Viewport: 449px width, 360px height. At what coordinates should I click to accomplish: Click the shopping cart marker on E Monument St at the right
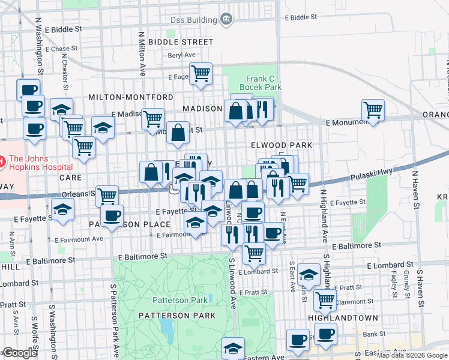click(x=373, y=110)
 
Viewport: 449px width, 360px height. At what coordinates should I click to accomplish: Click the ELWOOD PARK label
click(x=282, y=145)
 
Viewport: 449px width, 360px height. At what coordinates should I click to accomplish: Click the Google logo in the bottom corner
click(x=19, y=352)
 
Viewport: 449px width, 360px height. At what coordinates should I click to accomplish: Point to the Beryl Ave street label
click(x=182, y=55)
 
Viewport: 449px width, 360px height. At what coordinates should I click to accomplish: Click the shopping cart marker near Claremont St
click(x=325, y=300)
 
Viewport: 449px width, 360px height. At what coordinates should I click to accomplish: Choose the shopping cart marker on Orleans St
click(x=107, y=195)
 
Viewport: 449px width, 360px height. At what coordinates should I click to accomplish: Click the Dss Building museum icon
click(x=226, y=19)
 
